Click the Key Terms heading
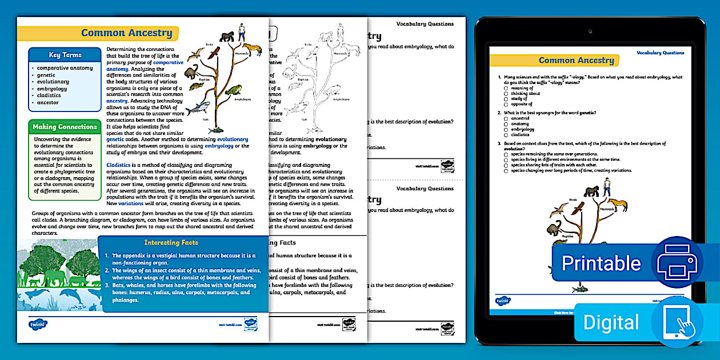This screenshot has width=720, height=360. (x=65, y=55)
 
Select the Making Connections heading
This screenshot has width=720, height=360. (x=65, y=126)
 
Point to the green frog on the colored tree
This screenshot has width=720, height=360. (x=233, y=90)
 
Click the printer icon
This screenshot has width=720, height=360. (x=677, y=262)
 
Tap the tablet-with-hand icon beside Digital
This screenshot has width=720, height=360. (x=677, y=322)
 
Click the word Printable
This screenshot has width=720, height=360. (x=601, y=263)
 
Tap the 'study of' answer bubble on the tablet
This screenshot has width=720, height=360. (x=506, y=99)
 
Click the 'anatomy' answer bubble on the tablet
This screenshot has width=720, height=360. (x=506, y=124)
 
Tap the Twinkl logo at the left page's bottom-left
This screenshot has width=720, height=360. (x=38, y=324)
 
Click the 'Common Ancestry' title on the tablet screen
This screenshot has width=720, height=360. (x=576, y=60)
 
